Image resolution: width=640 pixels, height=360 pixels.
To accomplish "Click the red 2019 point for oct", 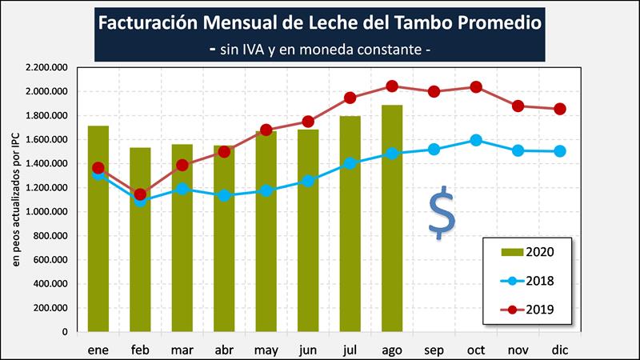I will (476, 86).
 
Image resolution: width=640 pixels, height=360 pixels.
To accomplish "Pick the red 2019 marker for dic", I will (560, 109).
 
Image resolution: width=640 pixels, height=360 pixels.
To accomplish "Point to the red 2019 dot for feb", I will (141, 194).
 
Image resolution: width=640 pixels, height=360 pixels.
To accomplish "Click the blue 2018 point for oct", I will (476, 140).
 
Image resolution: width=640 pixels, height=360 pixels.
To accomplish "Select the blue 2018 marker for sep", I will (434, 149).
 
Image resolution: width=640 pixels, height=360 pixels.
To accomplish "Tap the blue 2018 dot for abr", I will (225, 195).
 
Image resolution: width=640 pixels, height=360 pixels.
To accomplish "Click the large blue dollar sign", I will (441, 214).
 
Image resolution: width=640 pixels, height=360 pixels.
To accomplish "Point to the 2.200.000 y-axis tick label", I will (46, 68).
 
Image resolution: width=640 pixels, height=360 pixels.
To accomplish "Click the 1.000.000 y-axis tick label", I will (46, 212).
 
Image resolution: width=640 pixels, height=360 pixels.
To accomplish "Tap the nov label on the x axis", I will (518, 350).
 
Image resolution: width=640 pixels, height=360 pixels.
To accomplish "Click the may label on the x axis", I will (266, 350).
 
